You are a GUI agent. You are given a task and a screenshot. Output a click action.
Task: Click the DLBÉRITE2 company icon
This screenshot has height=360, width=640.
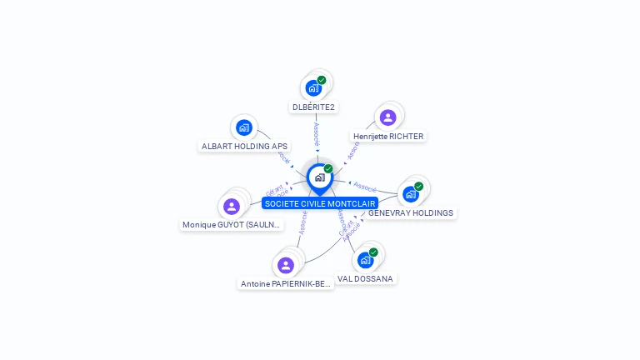313,87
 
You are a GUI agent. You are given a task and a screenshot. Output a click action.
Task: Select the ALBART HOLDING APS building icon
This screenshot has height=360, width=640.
243,127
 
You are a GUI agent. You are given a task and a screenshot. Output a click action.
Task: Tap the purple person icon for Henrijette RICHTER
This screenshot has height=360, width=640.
387,117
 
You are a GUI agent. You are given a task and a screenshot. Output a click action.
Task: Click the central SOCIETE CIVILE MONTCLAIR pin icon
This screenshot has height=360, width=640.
319,177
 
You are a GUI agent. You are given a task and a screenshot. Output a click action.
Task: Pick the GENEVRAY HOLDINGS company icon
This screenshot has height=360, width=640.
410,194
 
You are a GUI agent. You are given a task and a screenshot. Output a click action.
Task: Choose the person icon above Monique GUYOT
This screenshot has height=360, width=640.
232,206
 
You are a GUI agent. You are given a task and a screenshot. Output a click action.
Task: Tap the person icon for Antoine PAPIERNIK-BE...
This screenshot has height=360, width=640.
286,265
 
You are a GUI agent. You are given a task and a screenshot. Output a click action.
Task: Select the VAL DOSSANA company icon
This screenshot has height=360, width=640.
365,260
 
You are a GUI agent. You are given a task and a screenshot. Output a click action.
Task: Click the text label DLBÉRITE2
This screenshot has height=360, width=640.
313,107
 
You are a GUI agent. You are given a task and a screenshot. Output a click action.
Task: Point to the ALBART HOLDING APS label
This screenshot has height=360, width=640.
244,146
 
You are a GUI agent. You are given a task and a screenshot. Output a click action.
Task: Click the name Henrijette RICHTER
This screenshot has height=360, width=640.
388,136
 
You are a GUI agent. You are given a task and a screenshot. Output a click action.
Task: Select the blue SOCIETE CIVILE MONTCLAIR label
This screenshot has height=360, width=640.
320,203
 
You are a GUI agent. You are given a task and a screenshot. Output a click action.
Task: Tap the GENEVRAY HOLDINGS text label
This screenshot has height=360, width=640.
411,212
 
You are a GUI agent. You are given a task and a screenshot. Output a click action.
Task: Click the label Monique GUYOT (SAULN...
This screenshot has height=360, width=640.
232,225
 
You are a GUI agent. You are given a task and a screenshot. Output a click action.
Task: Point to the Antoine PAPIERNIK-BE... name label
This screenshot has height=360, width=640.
286,283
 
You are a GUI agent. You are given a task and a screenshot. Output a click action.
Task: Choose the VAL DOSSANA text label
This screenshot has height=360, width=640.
366,278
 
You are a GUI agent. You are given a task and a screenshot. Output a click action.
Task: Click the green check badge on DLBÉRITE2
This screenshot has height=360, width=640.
322,80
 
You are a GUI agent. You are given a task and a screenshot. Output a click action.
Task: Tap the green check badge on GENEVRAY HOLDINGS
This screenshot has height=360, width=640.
418,187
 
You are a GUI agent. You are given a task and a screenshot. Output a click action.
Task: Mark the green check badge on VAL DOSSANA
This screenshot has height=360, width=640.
373,252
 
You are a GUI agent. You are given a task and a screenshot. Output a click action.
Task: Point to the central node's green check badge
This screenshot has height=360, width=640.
328,169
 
